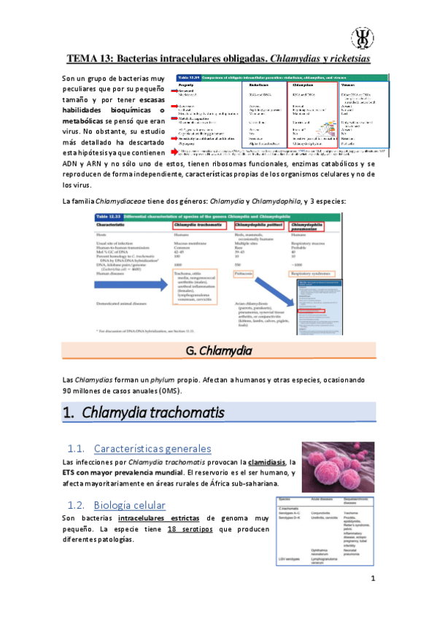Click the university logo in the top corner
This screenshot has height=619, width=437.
(x=362, y=36)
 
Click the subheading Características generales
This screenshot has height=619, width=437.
(x=153, y=448)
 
